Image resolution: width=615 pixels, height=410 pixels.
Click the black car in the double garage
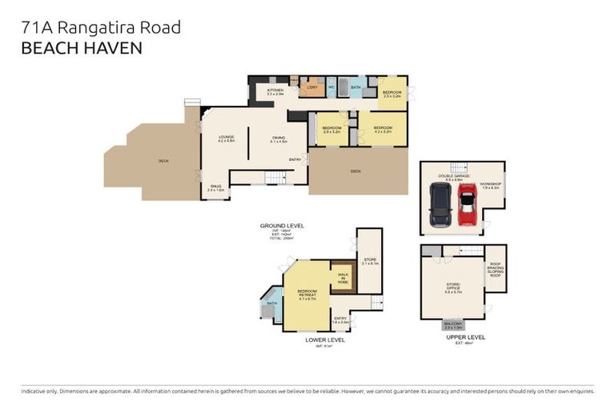click(x=440, y=206)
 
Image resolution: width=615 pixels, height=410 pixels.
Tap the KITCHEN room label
click(x=275, y=91)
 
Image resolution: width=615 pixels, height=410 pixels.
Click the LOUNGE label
click(x=227, y=138)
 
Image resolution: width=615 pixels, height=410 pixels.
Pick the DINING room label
click(x=279, y=138)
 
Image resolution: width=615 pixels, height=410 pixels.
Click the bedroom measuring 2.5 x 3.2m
click(x=392, y=94)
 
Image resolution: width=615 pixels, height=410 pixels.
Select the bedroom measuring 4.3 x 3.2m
click(x=383, y=128)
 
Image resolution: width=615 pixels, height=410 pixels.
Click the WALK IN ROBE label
click(x=343, y=276)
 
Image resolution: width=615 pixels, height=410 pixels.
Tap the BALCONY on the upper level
click(x=453, y=325)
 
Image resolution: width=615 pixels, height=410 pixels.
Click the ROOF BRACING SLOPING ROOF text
click(x=495, y=273)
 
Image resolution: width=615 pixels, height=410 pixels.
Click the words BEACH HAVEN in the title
click(x=82, y=48)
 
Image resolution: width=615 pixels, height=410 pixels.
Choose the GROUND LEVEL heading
click(x=281, y=226)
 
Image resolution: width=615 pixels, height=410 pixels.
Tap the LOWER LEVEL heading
click(x=324, y=340)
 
